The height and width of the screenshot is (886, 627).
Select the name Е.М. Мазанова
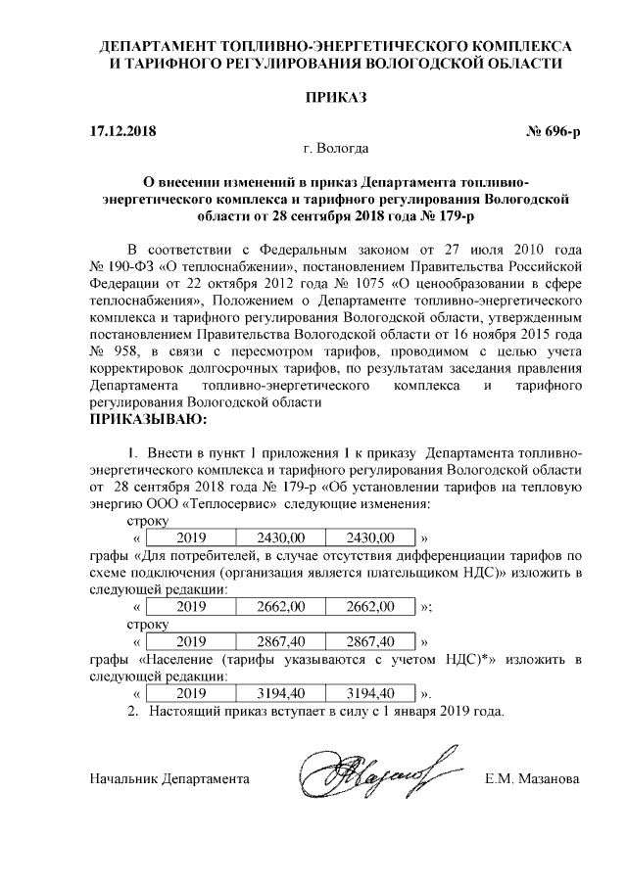532,779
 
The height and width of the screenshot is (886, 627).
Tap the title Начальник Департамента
169,779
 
